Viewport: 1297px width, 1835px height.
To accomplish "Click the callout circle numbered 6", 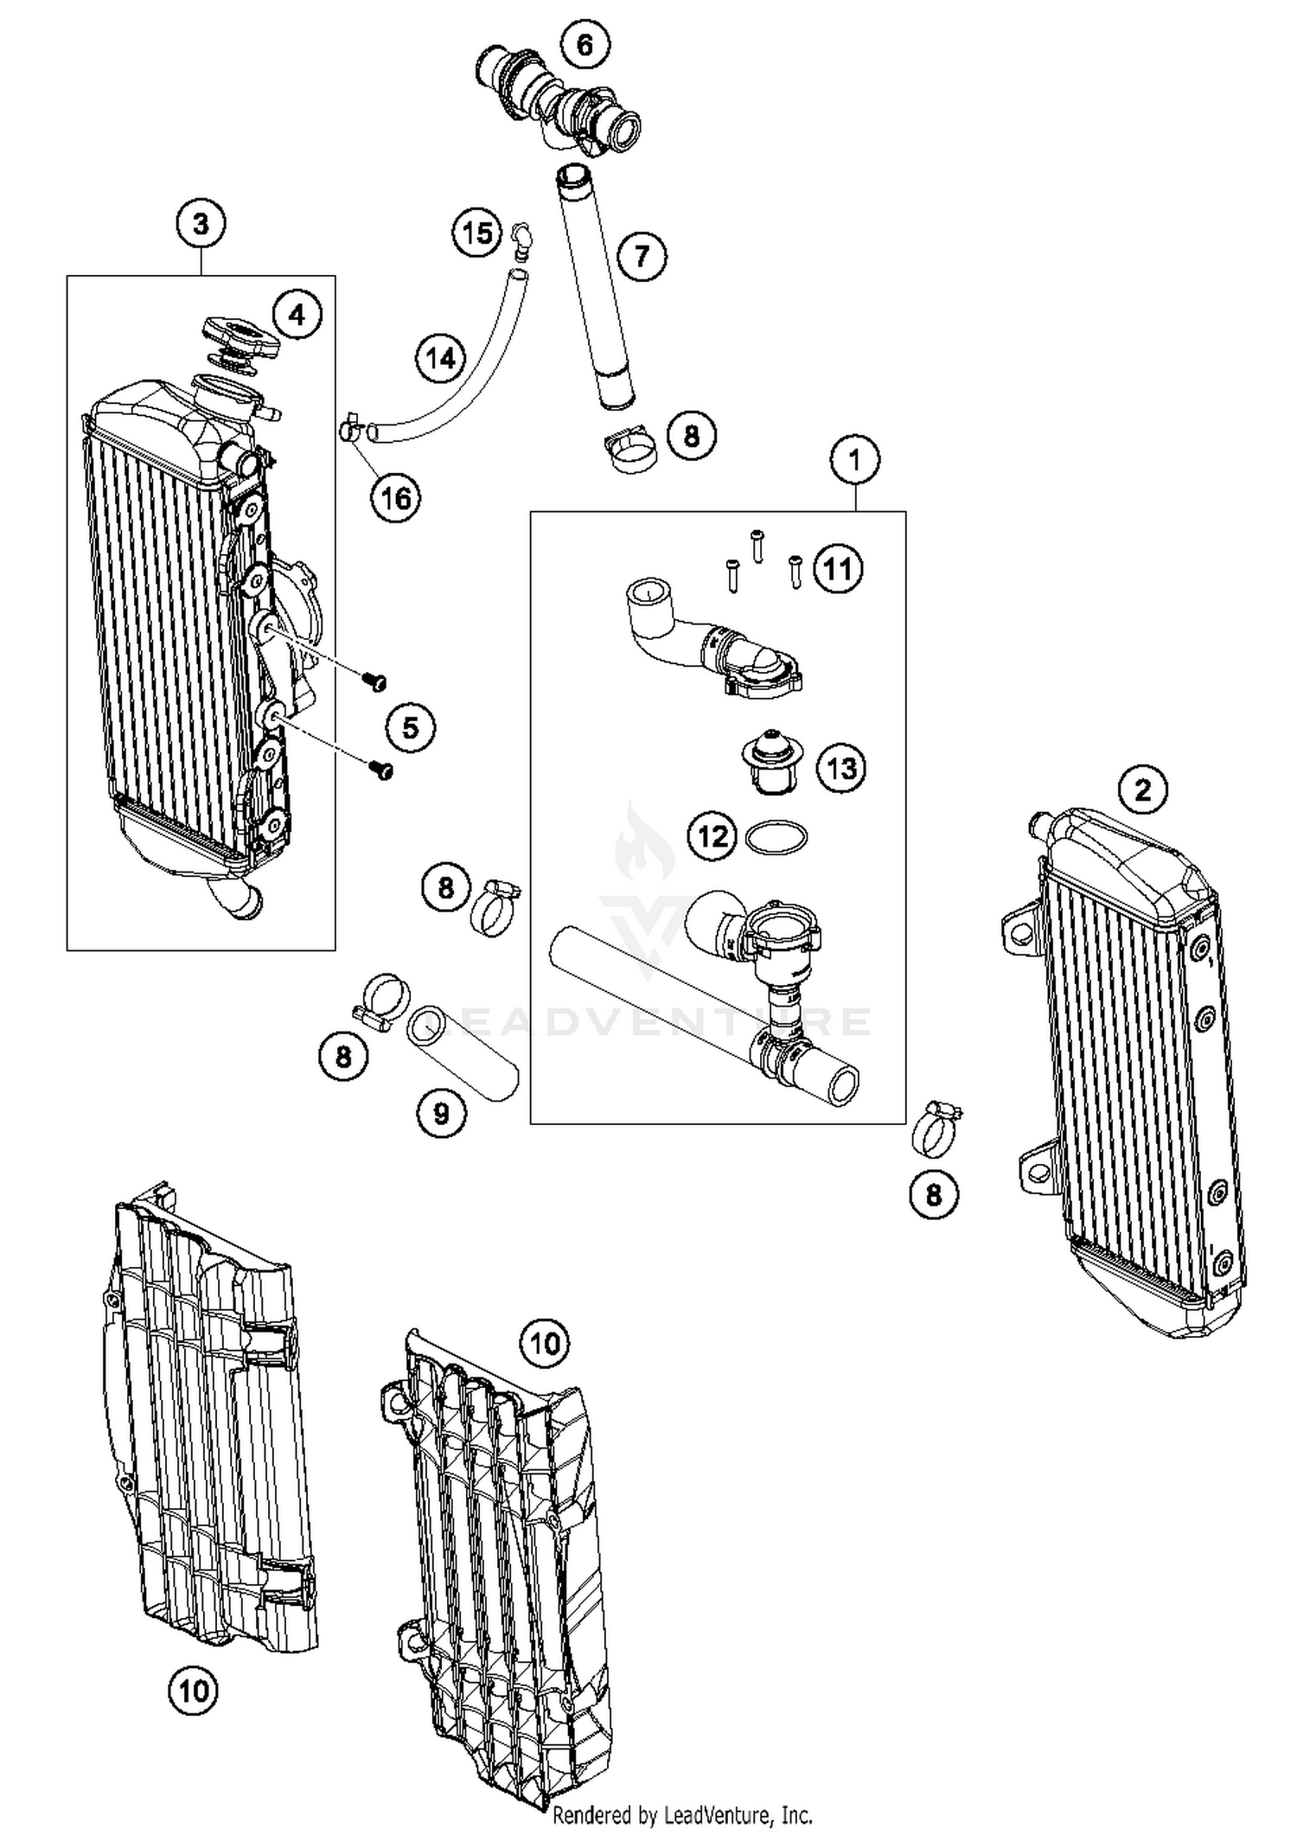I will click(x=585, y=44).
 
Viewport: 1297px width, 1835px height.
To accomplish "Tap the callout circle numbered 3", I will click(x=201, y=225).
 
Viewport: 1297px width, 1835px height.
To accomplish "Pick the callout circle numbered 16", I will click(x=396, y=498).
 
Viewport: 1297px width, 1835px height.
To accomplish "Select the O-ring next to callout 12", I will click(x=776, y=837).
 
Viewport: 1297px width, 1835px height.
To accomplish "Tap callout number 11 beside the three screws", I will click(x=837, y=569).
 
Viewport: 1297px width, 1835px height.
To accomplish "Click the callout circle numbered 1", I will click(x=855, y=459).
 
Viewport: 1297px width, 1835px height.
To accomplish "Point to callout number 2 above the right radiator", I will click(x=1143, y=790).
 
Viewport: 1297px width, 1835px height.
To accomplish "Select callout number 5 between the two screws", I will click(x=410, y=728).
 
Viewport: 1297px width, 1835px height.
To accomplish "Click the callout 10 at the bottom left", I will click(x=193, y=1691).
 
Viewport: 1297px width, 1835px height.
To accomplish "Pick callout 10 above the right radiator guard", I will click(x=545, y=1343).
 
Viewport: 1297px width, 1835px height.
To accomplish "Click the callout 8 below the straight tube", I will click(x=691, y=435).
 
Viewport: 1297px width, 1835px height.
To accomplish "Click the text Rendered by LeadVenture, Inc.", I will click(x=682, y=1814).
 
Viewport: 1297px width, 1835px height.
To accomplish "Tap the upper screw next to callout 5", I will click(x=375, y=682).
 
